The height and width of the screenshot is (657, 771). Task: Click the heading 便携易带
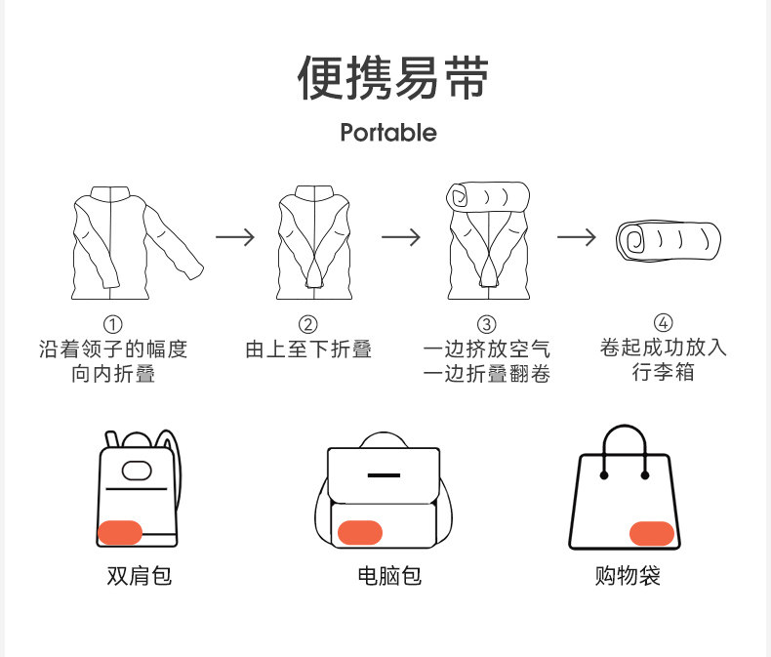392,78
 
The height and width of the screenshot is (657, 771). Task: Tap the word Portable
388,132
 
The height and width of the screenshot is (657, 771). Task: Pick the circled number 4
663,323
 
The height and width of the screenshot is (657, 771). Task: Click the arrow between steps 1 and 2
235,237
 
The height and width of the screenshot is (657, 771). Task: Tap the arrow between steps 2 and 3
401,237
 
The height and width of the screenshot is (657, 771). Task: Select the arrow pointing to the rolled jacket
577,237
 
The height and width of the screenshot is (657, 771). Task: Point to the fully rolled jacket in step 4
669,241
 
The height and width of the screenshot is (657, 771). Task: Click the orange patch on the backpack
121,533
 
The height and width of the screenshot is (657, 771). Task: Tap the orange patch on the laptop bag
359,533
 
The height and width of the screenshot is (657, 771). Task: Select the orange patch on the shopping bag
652,533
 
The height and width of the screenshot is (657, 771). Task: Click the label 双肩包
139,576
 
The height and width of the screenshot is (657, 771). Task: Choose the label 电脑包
388,576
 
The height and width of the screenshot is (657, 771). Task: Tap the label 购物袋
628,576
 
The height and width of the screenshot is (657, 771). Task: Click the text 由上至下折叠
308,349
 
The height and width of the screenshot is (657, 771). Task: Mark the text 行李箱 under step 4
663,373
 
